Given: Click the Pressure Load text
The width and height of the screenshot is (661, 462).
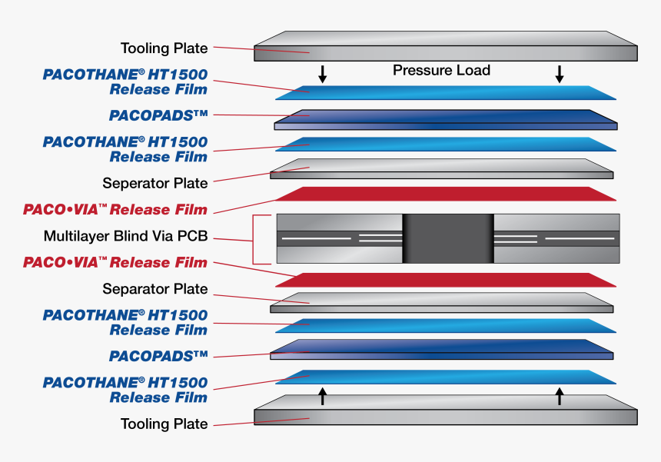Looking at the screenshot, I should coord(441,71).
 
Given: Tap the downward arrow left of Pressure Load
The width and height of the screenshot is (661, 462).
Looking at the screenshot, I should coord(323,74).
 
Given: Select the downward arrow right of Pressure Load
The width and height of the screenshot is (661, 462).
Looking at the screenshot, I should coord(560,74).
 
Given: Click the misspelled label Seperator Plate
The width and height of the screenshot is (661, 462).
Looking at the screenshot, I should coord(155,184).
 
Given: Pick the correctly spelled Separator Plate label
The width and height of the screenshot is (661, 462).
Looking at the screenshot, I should coord(155,289).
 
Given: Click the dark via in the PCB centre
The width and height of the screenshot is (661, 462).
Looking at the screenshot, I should coord(447,238).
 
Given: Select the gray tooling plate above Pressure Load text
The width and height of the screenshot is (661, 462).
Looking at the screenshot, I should coord(446,46).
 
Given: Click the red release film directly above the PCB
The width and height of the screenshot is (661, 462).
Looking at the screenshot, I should coord(446,194).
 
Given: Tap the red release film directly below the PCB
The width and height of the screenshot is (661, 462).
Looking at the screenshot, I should coord(446,280).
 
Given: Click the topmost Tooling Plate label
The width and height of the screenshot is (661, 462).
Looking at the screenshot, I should coord(164,48).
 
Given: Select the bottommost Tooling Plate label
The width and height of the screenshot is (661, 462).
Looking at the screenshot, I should coord(164,424).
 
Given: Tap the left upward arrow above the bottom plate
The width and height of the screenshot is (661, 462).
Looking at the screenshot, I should coord(323,396).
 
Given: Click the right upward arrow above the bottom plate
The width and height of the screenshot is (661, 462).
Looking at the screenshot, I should coord(560,396).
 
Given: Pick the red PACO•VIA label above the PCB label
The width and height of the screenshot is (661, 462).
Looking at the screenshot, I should coord(115,210).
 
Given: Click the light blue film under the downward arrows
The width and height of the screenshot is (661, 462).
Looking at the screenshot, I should coord(446,92).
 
